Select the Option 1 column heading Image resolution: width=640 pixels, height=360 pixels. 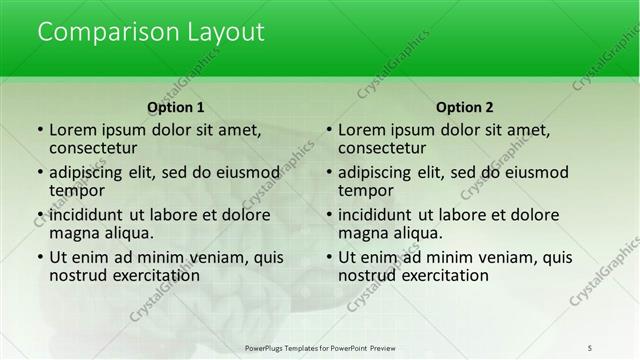(176, 107)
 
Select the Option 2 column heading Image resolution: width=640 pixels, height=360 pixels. (465, 107)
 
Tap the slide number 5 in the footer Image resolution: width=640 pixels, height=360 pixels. (590, 346)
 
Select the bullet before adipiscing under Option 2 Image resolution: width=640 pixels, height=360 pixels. (328, 172)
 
